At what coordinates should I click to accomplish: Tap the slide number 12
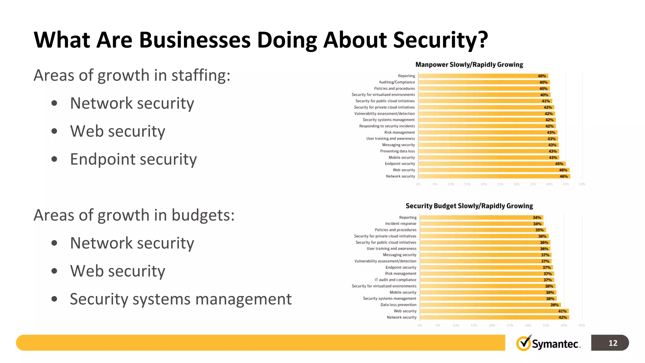click(613, 343)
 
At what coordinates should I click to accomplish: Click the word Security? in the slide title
click(441, 40)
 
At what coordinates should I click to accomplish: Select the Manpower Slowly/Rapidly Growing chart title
click(469, 65)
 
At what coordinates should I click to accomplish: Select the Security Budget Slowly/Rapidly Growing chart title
click(469, 206)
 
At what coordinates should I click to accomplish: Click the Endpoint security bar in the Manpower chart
click(491, 164)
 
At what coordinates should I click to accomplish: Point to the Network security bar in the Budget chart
click(494, 317)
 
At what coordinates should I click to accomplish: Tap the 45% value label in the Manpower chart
click(559, 164)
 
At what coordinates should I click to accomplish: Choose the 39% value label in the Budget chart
click(554, 305)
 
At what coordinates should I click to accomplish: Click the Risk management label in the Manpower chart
click(399, 132)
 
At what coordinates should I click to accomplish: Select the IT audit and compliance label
click(395, 280)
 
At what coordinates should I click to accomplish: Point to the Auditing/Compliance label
click(397, 82)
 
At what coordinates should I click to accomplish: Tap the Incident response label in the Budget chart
click(401, 224)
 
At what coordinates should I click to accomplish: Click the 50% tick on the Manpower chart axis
click(582, 184)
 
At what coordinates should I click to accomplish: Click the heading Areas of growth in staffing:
click(132, 76)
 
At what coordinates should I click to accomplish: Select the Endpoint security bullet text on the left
click(133, 159)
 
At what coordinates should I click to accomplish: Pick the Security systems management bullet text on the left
click(181, 299)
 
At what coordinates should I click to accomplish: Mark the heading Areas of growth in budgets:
click(134, 216)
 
